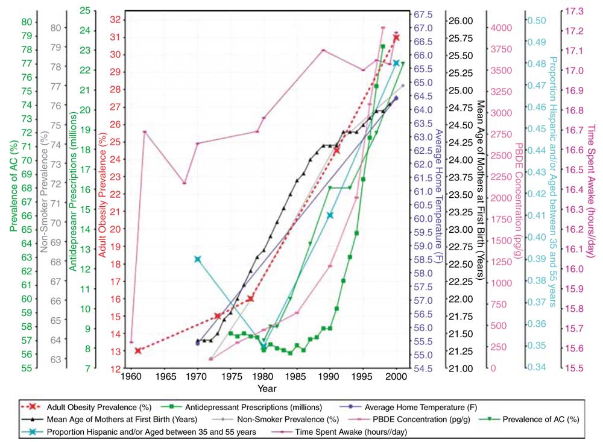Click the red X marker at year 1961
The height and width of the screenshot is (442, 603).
pyautogui.click(x=138, y=351)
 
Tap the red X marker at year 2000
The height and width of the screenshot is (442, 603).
pyautogui.click(x=396, y=38)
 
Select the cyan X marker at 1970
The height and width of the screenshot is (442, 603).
pyautogui.click(x=198, y=259)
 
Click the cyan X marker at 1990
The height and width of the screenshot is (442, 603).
pyautogui.click(x=330, y=215)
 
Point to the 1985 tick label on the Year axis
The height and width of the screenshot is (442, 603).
pyautogui.click(x=297, y=376)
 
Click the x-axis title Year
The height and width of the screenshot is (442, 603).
pyautogui.click(x=267, y=388)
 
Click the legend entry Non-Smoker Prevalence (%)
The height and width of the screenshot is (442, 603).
pyautogui.click(x=276, y=419)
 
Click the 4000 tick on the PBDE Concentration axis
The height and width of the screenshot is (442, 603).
pyautogui.click(x=501, y=28)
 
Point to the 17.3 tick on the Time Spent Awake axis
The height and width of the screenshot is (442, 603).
pyautogui.click(x=574, y=11)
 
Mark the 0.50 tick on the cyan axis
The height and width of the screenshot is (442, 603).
pyautogui.click(x=537, y=21)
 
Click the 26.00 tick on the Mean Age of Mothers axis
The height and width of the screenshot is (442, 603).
pyautogui.click(x=461, y=21)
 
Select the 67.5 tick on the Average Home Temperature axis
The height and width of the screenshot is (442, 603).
pyautogui.click(x=423, y=14)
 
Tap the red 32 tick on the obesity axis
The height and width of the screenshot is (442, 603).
pyautogui.click(x=115, y=20)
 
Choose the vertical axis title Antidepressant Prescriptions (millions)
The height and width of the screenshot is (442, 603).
pyautogui.click(x=73, y=191)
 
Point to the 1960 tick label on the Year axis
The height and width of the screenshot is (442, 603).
pyautogui.click(x=131, y=376)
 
